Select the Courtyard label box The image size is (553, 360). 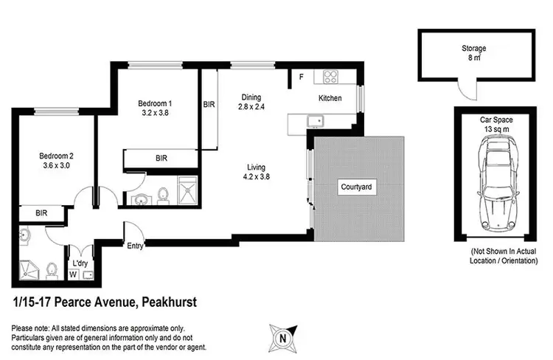click(x=356, y=187)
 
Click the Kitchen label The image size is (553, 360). click(x=330, y=98)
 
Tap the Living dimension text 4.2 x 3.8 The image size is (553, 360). click(x=258, y=176)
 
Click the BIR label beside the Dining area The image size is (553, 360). click(x=209, y=105)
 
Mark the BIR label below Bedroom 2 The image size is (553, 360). click(x=41, y=214)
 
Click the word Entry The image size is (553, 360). click(x=136, y=246)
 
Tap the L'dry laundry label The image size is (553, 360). click(x=79, y=262)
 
